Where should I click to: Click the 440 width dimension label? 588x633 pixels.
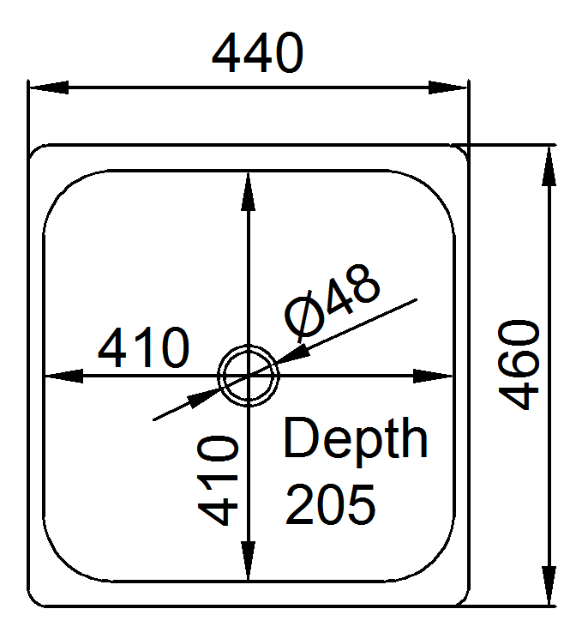pyautogui.click(x=257, y=53)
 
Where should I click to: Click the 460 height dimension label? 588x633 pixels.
pyautogui.click(x=519, y=365)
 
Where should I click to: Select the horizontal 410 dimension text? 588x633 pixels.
pyautogui.click(x=143, y=347)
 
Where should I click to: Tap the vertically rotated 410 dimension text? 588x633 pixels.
pyautogui.click(x=218, y=480)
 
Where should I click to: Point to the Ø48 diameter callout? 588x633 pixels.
pyautogui.click(x=333, y=301)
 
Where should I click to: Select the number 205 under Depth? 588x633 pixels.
pyautogui.click(x=331, y=504)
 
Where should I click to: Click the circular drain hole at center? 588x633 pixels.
pyautogui.click(x=249, y=376)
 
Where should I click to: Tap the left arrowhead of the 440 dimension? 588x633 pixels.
pyautogui.click(x=49, y=87)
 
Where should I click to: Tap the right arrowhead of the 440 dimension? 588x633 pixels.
pyautogui.click(x=447, y=87)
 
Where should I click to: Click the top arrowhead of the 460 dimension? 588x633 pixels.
pyautogui.click(x=549, y=166)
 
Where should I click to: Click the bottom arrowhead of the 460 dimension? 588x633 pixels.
pyautogui.click(x=549, y=585)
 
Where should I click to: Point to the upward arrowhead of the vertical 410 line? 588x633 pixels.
pyautogui.click(x=248, y=192)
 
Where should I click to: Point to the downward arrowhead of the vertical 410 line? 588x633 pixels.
pyautogui.click(x=248, y=560)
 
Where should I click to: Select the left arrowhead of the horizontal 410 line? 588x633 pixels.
pyautogui.click(x=63, y=376)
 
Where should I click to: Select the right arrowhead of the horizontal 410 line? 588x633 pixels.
pyautogui.click(x=433, y=376)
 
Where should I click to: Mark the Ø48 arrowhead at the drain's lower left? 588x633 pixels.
pyautogui.click(x=204, y=398)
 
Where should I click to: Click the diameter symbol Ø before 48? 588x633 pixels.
pyautogui.click(x=304, y=315)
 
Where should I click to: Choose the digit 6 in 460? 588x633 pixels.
pyautogui.click(x=519, y=365)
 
